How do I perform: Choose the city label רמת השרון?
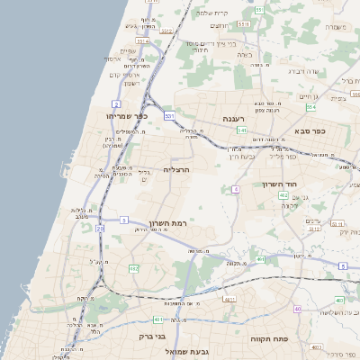coord(168,221)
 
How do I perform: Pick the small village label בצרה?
coord(243,56)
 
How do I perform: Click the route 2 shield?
coord(117,105)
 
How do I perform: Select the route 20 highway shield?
coord(99,229)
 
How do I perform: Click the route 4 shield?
coord(236,189)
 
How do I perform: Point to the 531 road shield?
coord(257,10)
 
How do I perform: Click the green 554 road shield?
coord(310,107)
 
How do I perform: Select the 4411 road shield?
coord(229,300)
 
